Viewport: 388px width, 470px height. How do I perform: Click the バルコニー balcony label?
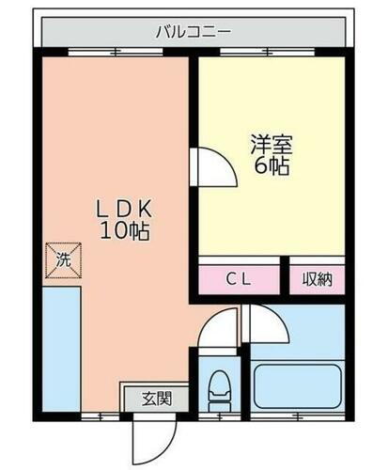pyautogui.click(x=194, y=31)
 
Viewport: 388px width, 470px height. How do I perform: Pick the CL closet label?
pyautogui.click(x=239, y=278)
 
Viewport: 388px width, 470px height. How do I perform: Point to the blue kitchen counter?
pyautogui.click(x=61, y=348)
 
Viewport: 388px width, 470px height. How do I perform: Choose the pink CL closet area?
pyautogui.click(x=239, y=278)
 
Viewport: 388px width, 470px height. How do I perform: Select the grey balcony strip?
pyautogui.click(x=94, y=31)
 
